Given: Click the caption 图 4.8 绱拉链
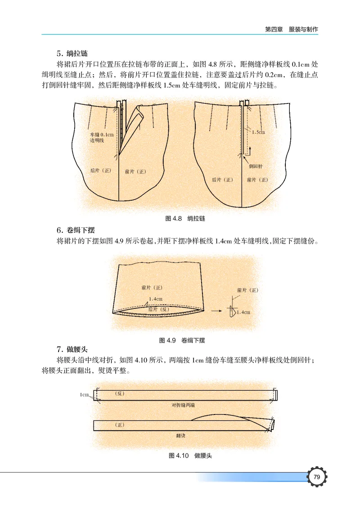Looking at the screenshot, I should coord(186,219).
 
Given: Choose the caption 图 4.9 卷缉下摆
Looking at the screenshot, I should coord(183,340).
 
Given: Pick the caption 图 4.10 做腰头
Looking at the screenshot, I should coord(190,455).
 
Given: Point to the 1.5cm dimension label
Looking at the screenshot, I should coord(258,132).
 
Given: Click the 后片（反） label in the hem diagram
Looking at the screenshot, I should coord(158,310).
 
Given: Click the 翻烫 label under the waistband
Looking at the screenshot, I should coord(180,436).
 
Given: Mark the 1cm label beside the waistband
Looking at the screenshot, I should coord(84,395).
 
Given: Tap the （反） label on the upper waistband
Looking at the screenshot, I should coord(119,393).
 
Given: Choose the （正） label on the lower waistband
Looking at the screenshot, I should coord(119,424).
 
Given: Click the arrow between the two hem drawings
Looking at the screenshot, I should coord(218,311).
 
